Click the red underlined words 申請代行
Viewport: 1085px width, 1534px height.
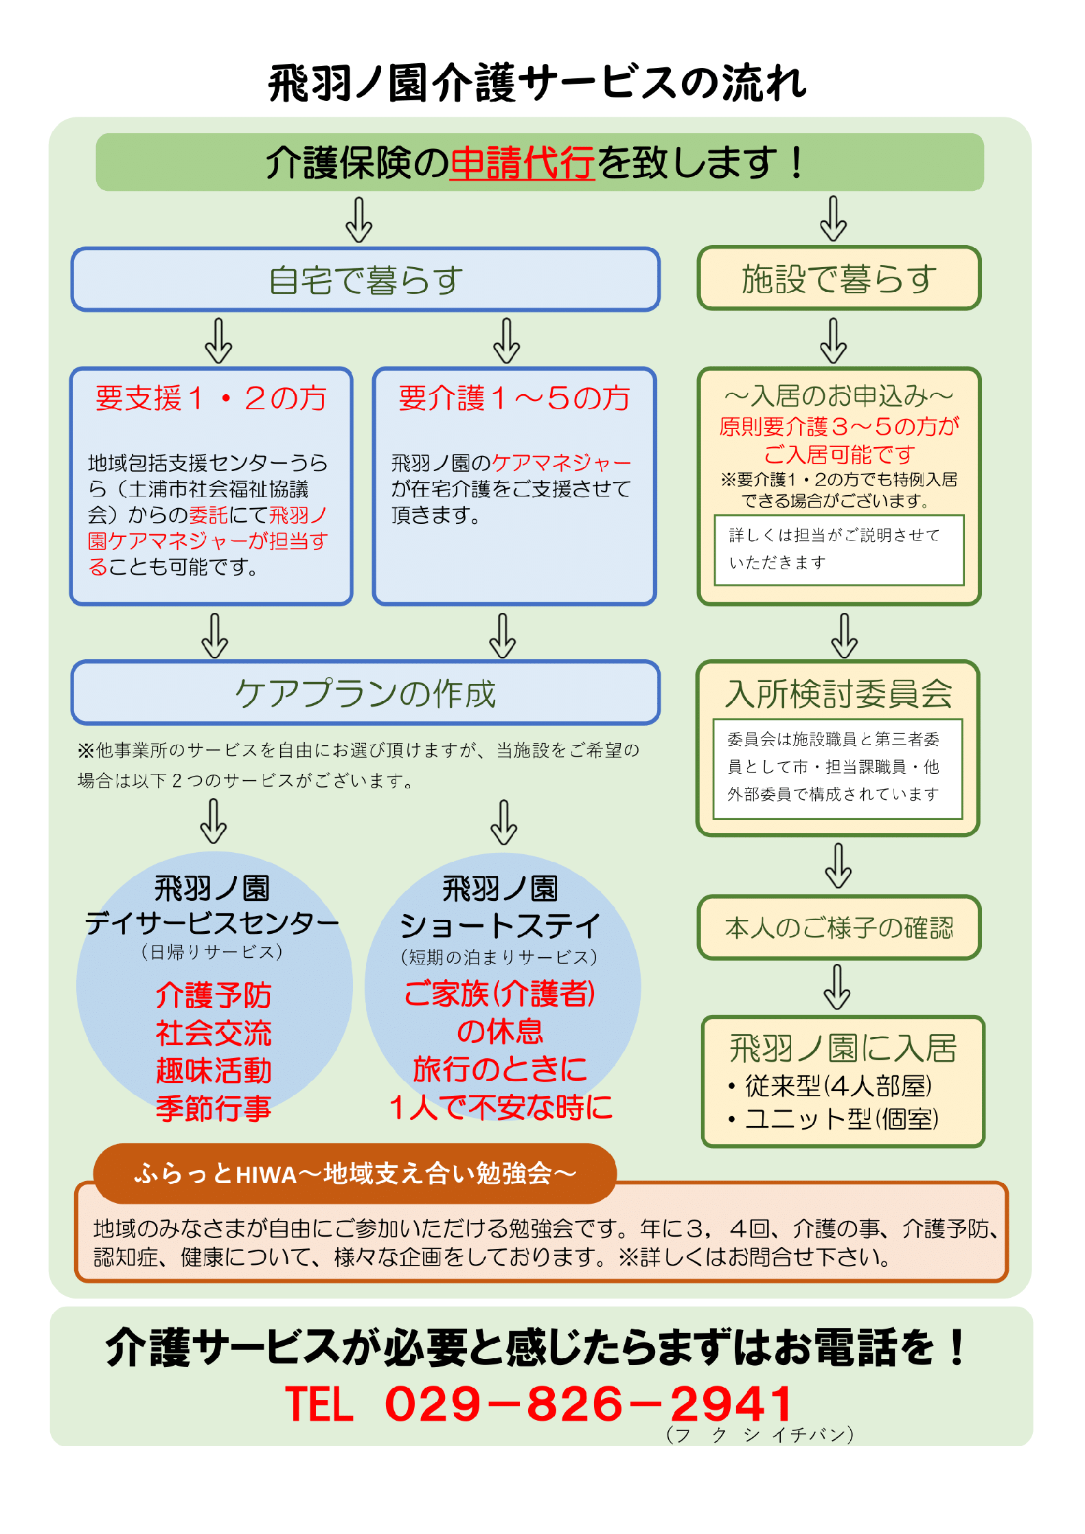coord(522,163)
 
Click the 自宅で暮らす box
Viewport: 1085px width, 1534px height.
coord(366,279)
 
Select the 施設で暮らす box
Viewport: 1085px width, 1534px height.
coord(839,278)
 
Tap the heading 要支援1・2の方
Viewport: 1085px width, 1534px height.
coord(212,398)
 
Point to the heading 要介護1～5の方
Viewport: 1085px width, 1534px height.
coord(514,398)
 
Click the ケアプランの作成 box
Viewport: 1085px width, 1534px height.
coord(366,693)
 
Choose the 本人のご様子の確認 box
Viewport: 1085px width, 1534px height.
coord(839,928)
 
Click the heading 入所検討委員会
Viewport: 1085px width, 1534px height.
coord(839,694)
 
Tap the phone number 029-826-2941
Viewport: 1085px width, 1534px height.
coord(589,1404)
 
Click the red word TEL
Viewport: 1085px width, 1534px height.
coord(319,1404)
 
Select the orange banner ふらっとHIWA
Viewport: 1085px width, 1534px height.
coord(355,1174)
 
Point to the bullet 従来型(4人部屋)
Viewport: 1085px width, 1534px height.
coord(831,1086)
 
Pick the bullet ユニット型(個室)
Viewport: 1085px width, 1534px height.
coord(834,1119)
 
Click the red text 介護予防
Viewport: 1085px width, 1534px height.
coord(214,995)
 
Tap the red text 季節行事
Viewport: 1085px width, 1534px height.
coord(214,1108)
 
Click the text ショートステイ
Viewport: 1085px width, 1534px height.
coord(500,926)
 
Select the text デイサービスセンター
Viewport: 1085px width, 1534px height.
coord(212,923)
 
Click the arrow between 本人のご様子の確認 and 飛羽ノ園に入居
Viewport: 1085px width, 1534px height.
coord(838,987)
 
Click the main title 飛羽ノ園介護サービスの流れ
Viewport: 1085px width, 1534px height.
coord(538,84)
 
